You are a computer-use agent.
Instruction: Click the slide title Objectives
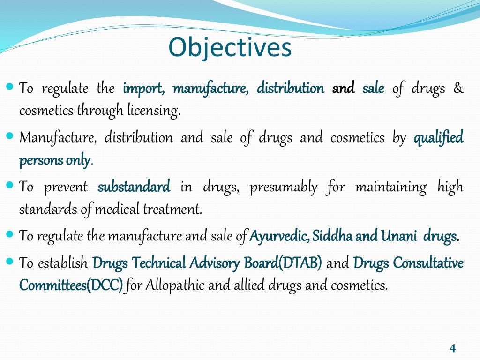(230, 48)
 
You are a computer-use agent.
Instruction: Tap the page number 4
(452, 348)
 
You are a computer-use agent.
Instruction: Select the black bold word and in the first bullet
(343, 89)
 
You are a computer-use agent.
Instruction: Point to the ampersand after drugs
(458, 89)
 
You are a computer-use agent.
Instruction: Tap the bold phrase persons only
(54, 161)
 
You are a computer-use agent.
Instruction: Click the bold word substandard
(134, 187)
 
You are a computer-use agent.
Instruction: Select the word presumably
(283, 187)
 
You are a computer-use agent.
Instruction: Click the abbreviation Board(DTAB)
(283, 262)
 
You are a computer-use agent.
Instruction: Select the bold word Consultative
(428, 262)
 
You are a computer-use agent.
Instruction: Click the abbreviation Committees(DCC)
(71, 285)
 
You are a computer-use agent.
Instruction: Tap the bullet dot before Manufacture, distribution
(11, 136)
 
